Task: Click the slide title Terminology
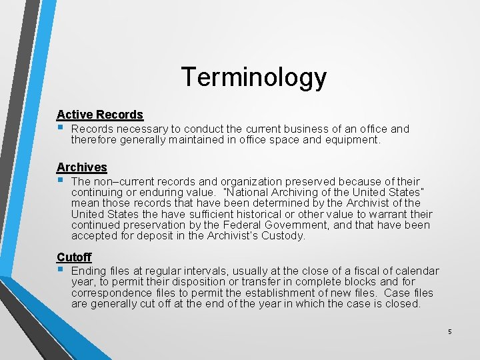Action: [253, 77]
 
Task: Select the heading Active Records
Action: [99, 115]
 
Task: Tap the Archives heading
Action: [81, 167]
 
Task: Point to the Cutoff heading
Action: [74, 257]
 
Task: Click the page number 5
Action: [450, 331]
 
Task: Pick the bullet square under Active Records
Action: [60, 127]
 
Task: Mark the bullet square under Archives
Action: [60, 180]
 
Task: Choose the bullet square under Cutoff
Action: [60, 269]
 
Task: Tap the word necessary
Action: [142, 129]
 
